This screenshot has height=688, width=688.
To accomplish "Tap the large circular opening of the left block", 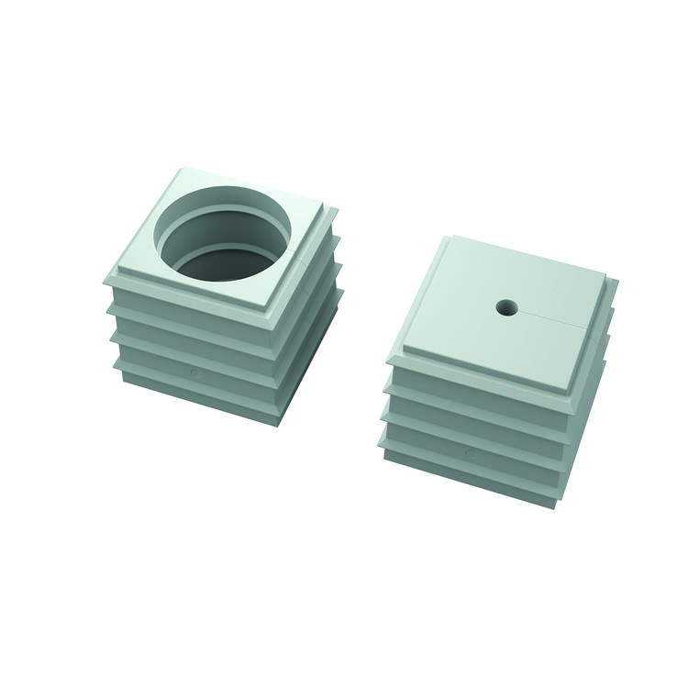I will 223,233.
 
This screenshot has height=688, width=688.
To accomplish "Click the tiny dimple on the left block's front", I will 194,372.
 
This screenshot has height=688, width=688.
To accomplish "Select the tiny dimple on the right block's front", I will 470,453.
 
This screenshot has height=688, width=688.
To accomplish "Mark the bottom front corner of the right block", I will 554,506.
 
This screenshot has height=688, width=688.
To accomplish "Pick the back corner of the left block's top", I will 187,170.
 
